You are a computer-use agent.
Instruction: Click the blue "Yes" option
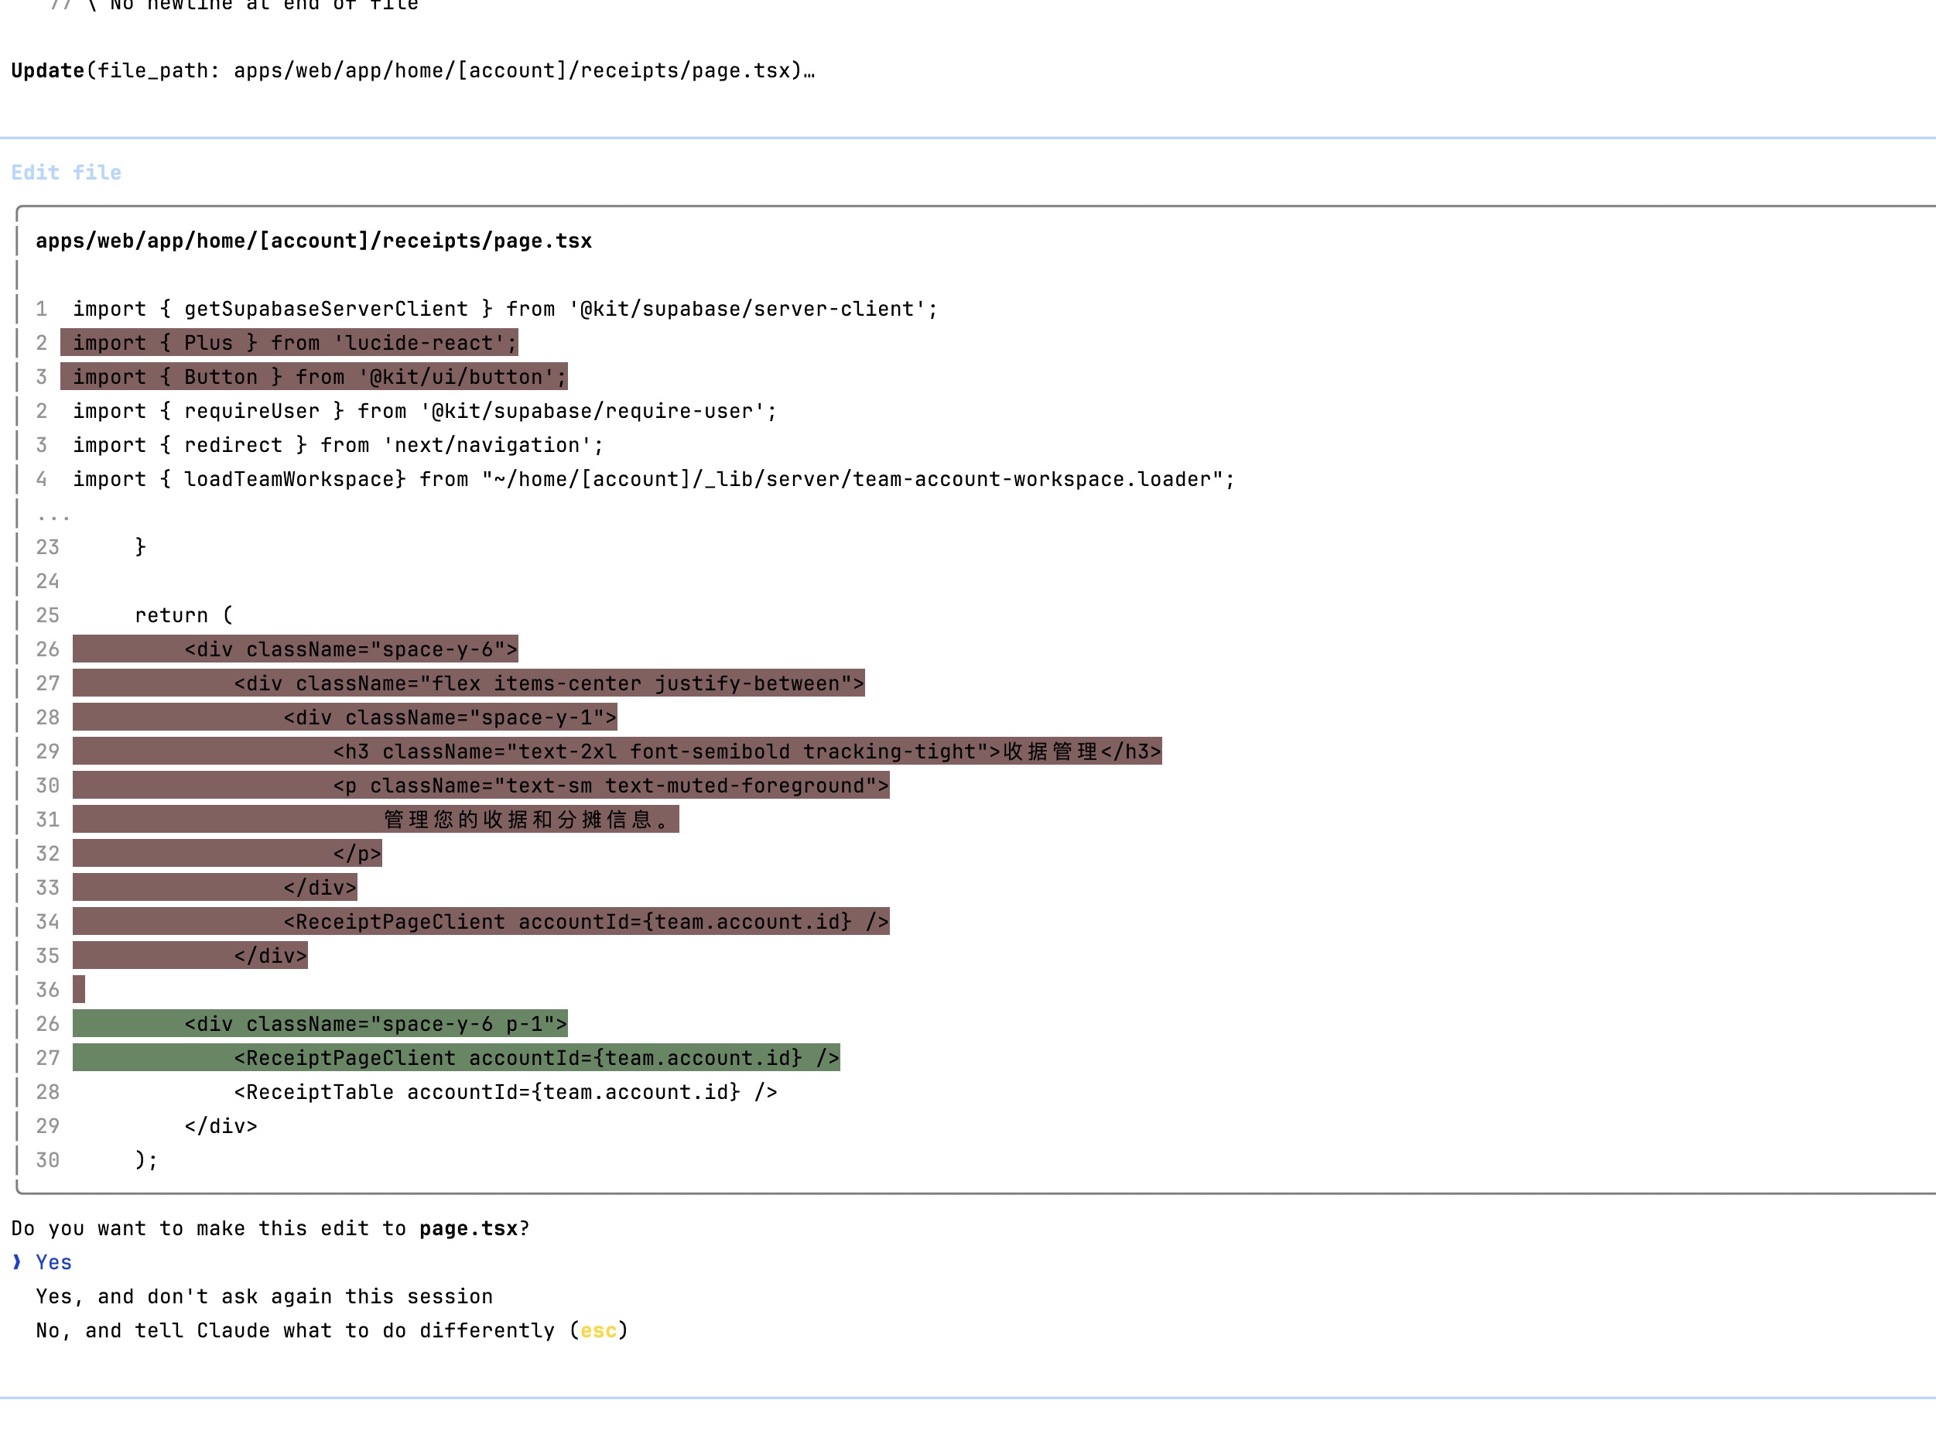coord(54,1262)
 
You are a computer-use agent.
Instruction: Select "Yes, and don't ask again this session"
coord(265,1296)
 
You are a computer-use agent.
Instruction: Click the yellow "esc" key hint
coord(599,1330)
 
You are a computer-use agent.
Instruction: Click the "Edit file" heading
coord(66,173)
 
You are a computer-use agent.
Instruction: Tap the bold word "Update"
coord(48,70)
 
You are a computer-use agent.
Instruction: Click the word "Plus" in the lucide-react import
coord(209,343)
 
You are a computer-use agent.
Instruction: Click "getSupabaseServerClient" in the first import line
coord(327,309)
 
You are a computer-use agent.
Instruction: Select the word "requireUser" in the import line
coord(252,411)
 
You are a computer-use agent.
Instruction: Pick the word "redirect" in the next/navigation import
coord(233,445)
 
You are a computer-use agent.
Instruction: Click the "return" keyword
coord(172,615)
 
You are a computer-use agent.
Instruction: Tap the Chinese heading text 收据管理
coord(1051,752)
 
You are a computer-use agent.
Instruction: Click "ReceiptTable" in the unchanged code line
coord(320,1091)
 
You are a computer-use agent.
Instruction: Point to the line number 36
coord(48,990)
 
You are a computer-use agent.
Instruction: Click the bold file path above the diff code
coord(313,241)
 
